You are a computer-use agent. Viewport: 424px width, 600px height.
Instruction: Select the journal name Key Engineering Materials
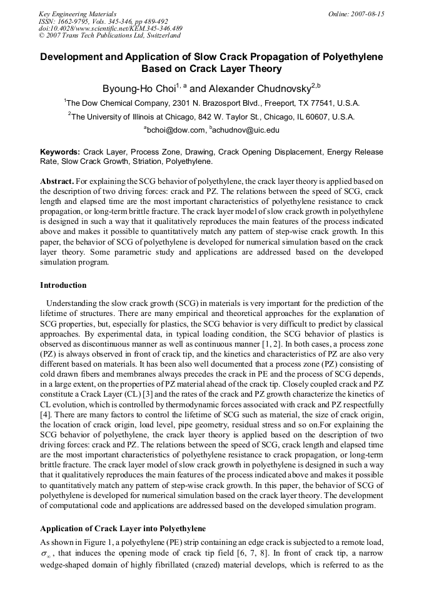click(x=78, y=13)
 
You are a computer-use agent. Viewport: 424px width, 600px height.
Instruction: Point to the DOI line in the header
click(x=111, y=28)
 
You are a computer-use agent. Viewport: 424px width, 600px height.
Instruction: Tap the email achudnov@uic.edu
click(x=246, y=130)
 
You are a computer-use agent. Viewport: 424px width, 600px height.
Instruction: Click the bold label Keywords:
click(x=60, y=152)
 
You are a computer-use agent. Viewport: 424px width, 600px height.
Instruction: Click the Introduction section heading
click(x=63, y=285)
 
